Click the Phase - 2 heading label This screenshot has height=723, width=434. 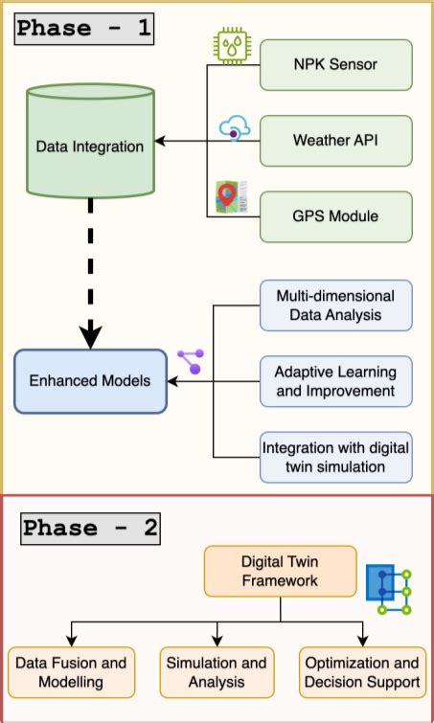pyautogui.click(x=91, y=528)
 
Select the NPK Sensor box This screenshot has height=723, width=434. pyautogui.click(x=335, y=65)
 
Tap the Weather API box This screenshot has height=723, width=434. pyautogui.click(x=335, y=141)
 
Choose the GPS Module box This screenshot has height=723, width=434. pyautogui.click(x=335, y=215)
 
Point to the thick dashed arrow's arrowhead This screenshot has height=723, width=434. pyautogui.click(x=91, y=336)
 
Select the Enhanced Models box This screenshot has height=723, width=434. pyautogui.click(x=90, y=381)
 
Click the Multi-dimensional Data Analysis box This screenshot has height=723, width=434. pyautogui.click(x=335, y=305)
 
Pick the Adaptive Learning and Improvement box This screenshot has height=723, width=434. pyautogui.click(x=335, y=380)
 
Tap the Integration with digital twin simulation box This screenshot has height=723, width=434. pyautogui.click(x=335, y=457)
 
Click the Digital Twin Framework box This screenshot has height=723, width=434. pyautogui.click(x=280, y=572)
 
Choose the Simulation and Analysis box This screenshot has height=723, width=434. pyautogui.click(x=217, y=672)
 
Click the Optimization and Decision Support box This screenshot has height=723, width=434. pyautogui.click(x=361, y=672)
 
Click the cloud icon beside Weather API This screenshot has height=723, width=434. pyautogui.click(x=234, y=128)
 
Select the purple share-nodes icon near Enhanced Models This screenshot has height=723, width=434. pyautogui.click(x=191, y=361)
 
